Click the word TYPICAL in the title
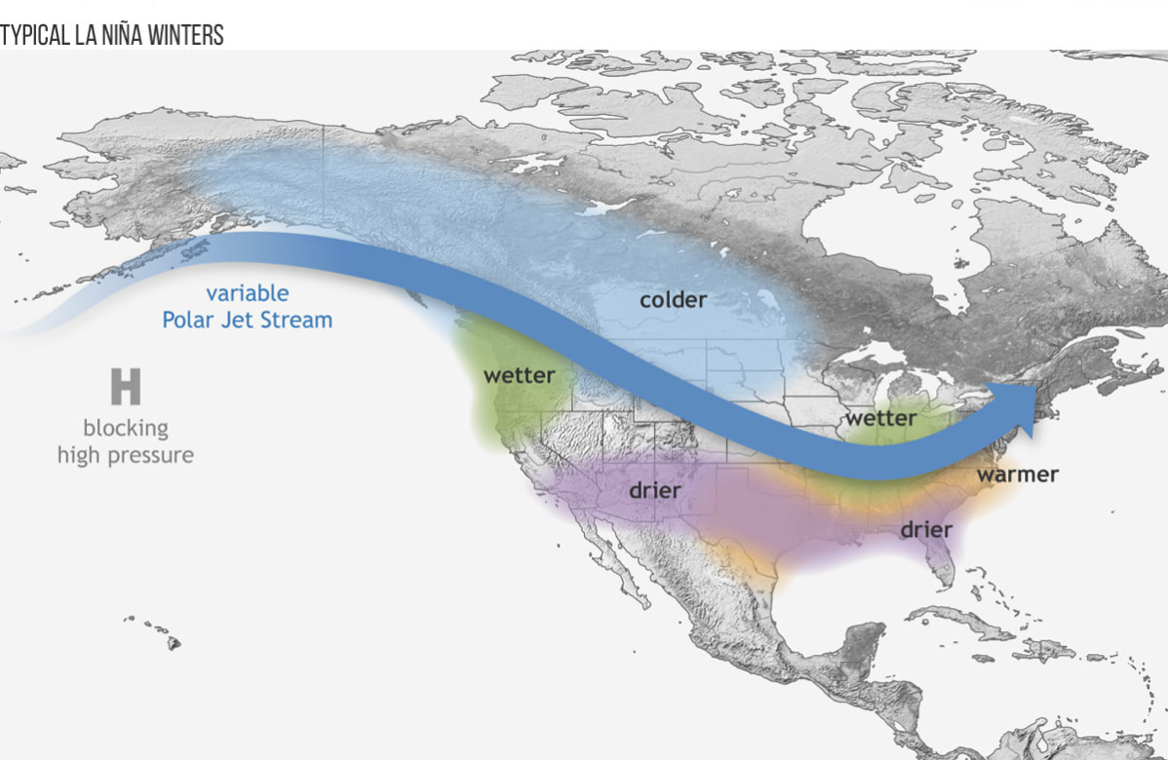[x=35, y=36]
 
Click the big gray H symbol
[x=125, y=387]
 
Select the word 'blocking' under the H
[x=125, y=428]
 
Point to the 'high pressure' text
[x=125, y=455]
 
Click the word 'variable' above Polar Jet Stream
[x=247, y=293]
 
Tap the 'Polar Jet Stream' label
[x=247, y=320]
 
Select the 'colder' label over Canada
[x=673, y=299]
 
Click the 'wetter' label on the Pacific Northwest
[x=519, y=375]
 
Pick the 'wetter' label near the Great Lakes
[x=880, y=418]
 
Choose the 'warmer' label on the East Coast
[x=1017, y=475]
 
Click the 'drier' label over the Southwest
[x=654, y=490]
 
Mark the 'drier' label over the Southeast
[x=925, y=530]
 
